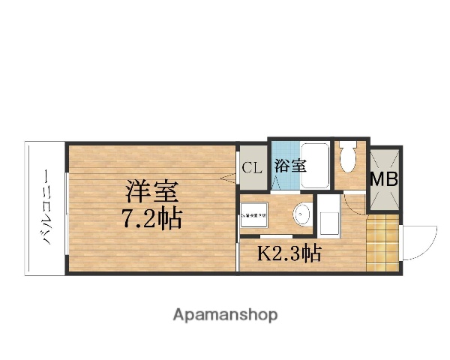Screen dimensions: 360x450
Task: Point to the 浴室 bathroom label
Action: point(289,166)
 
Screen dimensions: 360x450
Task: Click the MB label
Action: point(385,178)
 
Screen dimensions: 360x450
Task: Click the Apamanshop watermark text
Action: point(225,315)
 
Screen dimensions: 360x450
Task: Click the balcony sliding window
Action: point(66,208)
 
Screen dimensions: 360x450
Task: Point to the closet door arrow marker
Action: point(228,177)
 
